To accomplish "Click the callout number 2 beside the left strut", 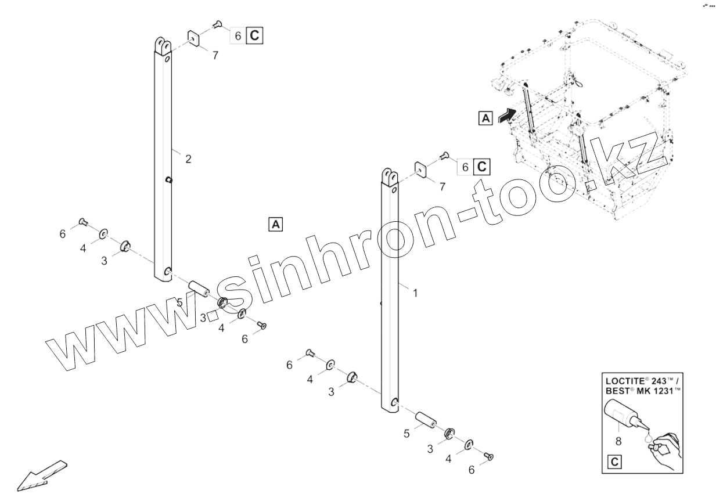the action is coord(188,159).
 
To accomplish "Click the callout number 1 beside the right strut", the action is coord(415,293).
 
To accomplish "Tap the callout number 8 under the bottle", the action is coord(618,441).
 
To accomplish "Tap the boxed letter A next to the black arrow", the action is coord(485,118).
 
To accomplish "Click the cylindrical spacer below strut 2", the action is coord(199,287).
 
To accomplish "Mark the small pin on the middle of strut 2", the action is coord(168,179).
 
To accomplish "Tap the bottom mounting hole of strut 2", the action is coord(167,271).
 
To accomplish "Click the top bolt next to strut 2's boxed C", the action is coord(217,24).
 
